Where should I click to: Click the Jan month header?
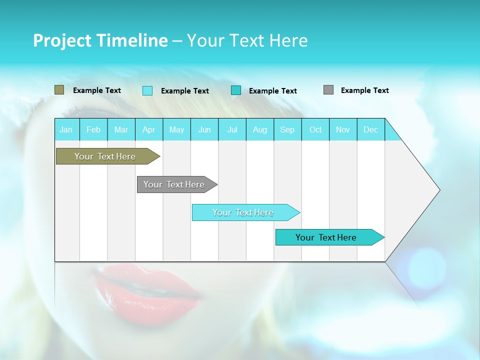click(66, 129)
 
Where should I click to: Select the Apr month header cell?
click(149, 129)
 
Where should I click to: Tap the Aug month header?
click(259, 129)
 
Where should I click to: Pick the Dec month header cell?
click(370, 129)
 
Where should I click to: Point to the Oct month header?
click(315, 129)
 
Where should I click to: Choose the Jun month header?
click(204, 129)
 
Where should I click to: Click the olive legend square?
click(59, 90)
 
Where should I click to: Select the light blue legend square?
click(147, 90)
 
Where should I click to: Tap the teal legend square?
click(236, 90)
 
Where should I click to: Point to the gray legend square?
click(328, 90)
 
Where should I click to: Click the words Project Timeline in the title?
click(100, 40)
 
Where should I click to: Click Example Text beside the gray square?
click(364, 90)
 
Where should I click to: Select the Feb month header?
click(93, 129)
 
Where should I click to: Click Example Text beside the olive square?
click(97, 90)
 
